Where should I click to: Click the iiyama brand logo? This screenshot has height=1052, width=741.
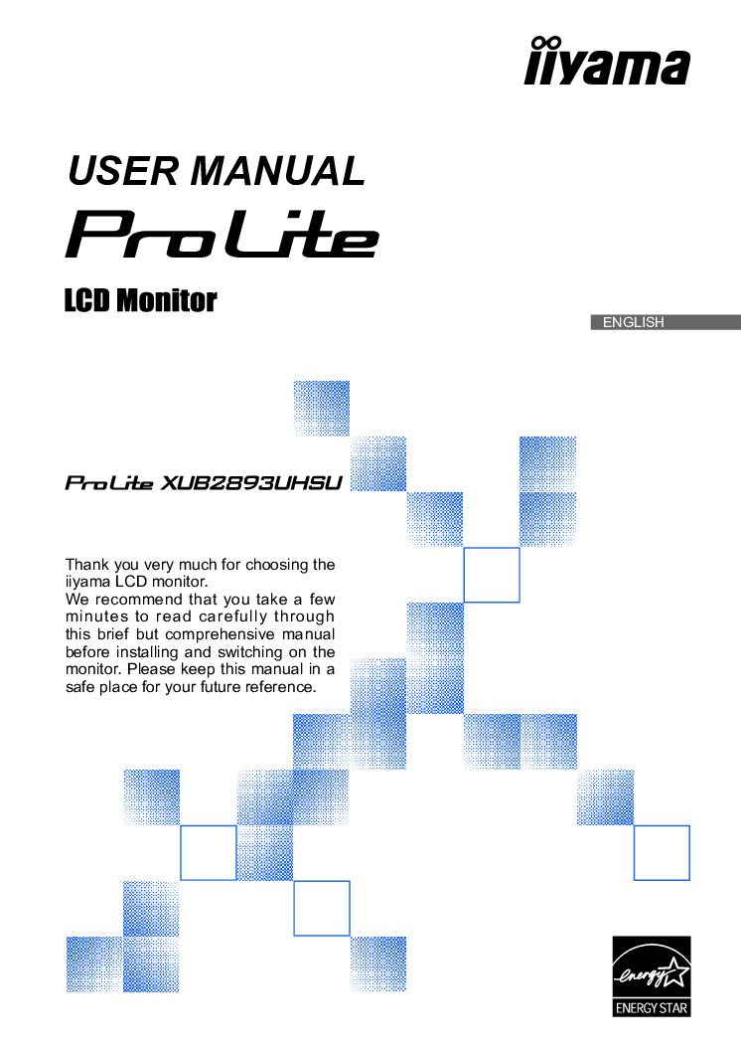[607, 61]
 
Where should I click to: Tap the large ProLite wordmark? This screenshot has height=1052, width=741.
[222, 235]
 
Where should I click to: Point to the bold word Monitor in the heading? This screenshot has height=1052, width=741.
[166, 300]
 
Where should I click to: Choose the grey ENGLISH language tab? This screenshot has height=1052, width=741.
[666, 322]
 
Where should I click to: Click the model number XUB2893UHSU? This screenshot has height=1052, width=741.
[252, 483]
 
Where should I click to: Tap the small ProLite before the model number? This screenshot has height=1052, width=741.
[109, 483]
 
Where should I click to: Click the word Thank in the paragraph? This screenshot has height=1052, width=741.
[87, 564]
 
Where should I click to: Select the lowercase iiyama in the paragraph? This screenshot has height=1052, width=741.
[87, 583]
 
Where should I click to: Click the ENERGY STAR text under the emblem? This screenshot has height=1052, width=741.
[652, 1007]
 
